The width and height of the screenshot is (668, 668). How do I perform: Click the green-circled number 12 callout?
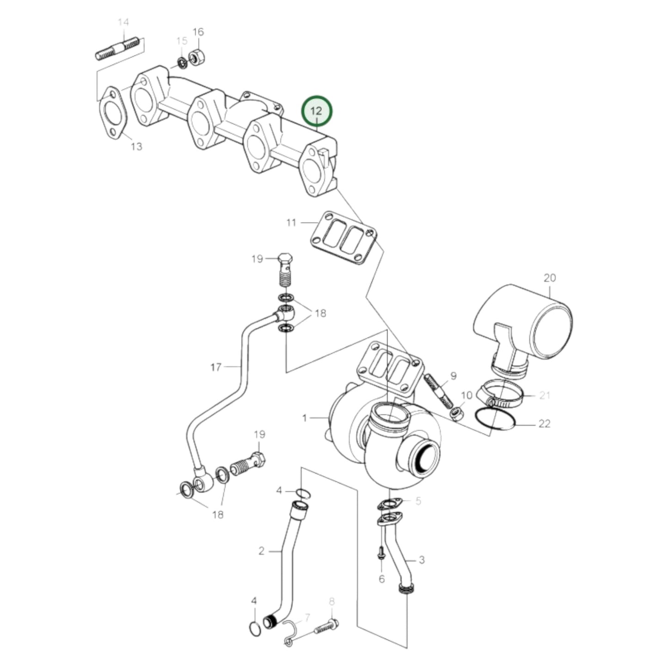pyautogui.click(x=317, y=111)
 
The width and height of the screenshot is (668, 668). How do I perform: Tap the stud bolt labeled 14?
pyautogui.click(x=117, y=49)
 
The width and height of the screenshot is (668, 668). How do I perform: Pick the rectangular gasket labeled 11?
pyautogui.click(x=343, y=237)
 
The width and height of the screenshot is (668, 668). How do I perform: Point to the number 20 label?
pyautogui.click(x=550, y=278)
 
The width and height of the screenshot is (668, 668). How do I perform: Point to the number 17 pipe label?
pyautogui.click(x=216, y=367)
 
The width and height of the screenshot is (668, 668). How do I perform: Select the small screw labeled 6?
pyautogui.click(x=381, y=553)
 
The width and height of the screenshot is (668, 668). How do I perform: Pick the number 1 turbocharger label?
pyautogui.click(x=304, y=418)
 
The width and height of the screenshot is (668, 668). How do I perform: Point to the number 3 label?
pyautogui.click(x=422, y=560)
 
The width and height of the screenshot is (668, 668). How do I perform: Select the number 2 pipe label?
pyautogui.click(x=261, y=551)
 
